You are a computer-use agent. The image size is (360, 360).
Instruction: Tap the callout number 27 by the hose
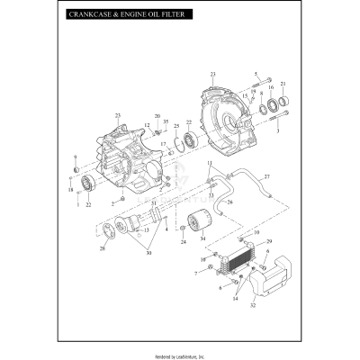265,176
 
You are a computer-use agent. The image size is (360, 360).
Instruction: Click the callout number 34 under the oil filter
202,238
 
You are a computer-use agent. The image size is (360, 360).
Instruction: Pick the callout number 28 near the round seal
102,247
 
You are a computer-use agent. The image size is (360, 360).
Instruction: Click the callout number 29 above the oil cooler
268,242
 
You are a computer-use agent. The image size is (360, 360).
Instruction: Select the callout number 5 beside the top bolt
256,74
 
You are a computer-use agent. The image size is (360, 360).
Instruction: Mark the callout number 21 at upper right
283,84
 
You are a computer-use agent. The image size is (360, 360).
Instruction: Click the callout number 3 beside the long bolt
278,131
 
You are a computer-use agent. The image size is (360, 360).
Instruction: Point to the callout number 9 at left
76,157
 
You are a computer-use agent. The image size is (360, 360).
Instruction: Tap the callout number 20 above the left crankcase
157,117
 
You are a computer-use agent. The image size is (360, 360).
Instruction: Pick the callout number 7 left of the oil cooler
195,273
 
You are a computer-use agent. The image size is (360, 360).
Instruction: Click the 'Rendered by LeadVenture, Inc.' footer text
180,355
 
